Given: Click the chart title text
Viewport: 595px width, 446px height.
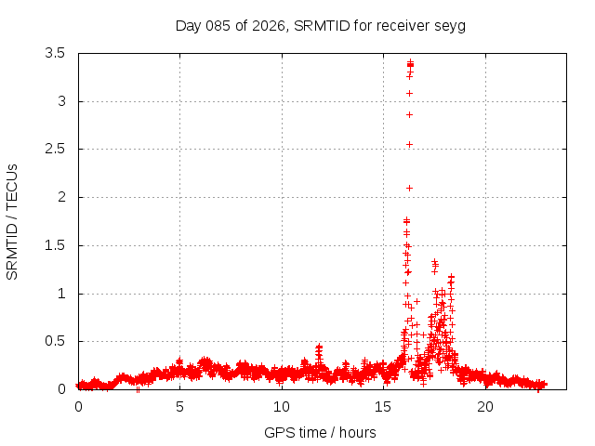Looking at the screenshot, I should pos(320,25).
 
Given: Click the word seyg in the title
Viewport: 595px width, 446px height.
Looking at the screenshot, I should pos(450,25).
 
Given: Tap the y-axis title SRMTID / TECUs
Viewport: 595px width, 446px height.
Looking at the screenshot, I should pos(12,221).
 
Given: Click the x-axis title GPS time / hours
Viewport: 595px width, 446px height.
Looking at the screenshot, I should pos(320,432).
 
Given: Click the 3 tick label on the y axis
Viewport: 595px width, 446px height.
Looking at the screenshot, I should pos(61,101).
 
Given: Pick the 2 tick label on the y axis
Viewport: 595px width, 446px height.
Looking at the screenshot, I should pos(61,197).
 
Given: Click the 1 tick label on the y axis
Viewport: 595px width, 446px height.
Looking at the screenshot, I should pos(61,294).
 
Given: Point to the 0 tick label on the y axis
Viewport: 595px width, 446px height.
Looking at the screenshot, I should pos(61,389).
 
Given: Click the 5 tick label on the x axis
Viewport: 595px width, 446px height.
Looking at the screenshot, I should pos(179,407).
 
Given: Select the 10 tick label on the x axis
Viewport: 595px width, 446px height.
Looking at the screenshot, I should pos(282,407).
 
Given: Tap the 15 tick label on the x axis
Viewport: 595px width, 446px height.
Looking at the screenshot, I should pos(383,407).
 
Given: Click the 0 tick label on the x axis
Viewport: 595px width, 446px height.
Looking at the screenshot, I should pos(78,407).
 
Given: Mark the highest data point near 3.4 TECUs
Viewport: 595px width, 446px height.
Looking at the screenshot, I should pos(410,63).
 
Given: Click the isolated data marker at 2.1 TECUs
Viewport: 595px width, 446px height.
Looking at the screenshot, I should pos(409,188).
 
